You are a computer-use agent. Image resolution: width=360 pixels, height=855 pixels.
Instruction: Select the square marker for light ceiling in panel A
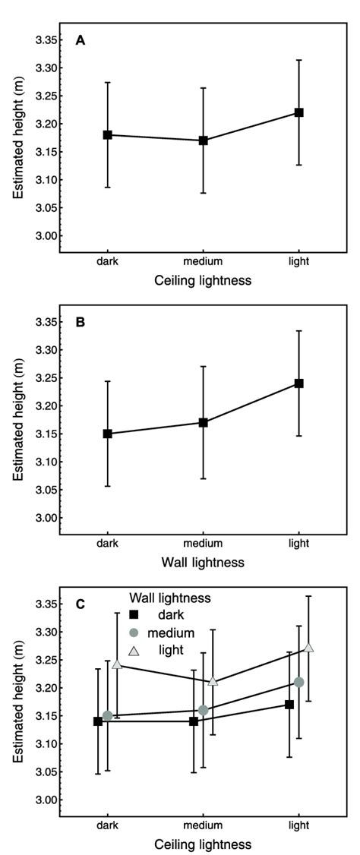(x=298, y=112)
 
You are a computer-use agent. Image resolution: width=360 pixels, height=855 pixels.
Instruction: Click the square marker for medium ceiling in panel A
(x=203, y=140)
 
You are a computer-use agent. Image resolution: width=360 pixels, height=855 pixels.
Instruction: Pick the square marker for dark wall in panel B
(x=108, y=434)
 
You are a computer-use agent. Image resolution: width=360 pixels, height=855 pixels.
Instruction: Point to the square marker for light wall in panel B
(x=298, y=383)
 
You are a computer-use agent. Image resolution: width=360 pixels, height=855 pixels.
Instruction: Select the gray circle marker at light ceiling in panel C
(x=299, y=682)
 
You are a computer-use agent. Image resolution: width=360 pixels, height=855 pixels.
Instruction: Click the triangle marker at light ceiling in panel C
(x=308, y=647)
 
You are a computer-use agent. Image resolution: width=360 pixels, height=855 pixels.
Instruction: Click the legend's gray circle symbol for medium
(x=134, y=633)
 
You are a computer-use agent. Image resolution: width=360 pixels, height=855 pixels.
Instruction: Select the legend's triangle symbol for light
(x=134, y=649)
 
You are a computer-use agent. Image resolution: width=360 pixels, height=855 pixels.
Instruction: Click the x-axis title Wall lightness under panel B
(x=202, y=563)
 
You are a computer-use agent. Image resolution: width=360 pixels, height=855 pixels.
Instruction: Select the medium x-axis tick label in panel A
(x=203, y=260)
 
